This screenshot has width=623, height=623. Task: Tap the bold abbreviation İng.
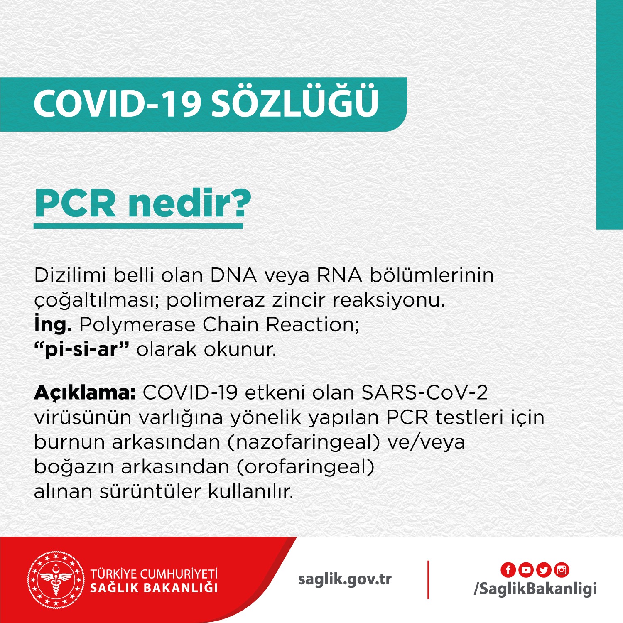coord(53,325)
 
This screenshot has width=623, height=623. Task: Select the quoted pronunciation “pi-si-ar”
coord(82,350)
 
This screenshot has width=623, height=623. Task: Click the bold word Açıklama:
coord(85,392)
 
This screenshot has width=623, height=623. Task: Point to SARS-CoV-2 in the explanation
coord(424,392)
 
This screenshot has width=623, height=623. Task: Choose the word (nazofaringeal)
coord(304,442)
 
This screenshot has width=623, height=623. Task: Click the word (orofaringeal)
coord(306,467)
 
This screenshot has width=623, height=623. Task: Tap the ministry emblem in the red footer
coord(55,580)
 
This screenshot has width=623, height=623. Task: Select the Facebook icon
coord(508,570)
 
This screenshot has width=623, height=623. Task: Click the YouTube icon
coord(526,570)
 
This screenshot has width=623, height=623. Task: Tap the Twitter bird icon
coord(544,570)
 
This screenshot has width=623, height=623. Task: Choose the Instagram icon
coord(562,570)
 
